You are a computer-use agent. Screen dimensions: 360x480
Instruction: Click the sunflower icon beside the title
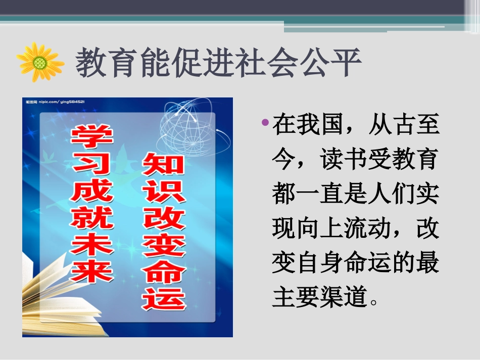pos(40,62)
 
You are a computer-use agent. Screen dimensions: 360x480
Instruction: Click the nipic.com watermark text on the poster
pos(56,102)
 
